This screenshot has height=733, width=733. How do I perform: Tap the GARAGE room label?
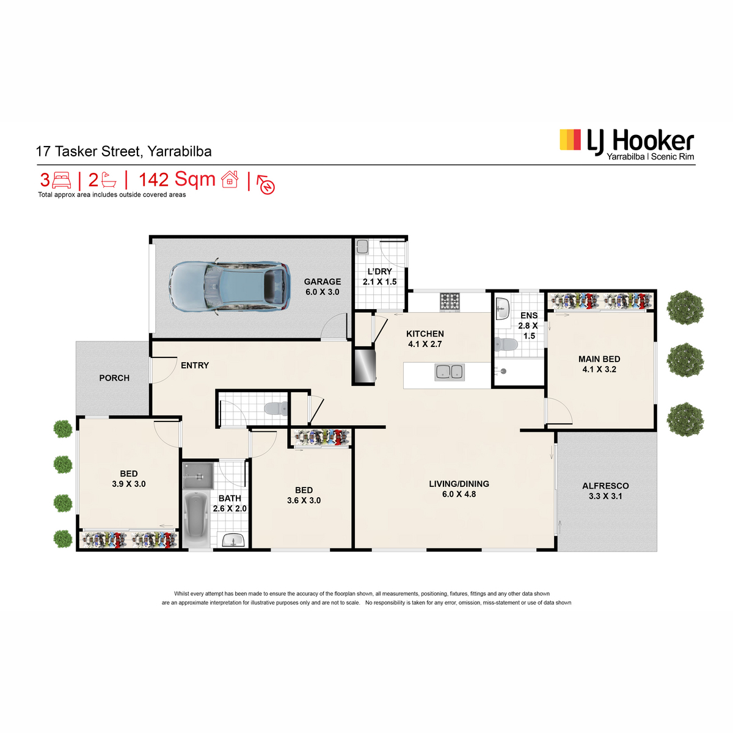322,282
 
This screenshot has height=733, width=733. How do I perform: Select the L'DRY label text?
379,272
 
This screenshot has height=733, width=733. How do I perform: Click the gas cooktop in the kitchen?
450,302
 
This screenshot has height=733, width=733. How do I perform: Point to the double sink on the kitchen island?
449,371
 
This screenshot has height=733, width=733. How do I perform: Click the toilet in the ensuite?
506,345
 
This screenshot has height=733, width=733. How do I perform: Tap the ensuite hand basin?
503,308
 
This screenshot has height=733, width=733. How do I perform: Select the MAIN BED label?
599,359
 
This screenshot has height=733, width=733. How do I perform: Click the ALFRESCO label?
605,486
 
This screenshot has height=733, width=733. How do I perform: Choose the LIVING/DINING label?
459,484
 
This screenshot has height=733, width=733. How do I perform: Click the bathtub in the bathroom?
196,519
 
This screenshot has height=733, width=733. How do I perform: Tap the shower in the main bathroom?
198,475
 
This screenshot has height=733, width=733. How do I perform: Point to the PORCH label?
114,378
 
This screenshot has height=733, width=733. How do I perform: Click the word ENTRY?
195,365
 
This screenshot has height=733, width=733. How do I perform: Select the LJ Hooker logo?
627,144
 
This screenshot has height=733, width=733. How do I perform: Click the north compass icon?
266,185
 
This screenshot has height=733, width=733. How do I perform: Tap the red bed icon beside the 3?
61,180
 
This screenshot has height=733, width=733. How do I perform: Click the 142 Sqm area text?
177,179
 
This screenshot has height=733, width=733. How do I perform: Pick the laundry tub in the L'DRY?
362,247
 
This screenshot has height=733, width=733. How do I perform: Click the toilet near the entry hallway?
276,409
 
